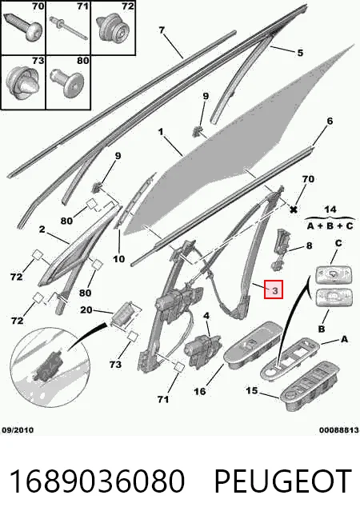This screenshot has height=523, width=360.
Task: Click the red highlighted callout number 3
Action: [274, 289]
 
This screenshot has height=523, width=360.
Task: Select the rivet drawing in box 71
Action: [69, 26]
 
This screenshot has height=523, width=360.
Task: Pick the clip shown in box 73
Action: [22, 82]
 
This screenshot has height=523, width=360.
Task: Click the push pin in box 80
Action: [68, 82]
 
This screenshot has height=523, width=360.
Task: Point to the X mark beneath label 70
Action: [294, 210]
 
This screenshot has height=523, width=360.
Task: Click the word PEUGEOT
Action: [283, 481]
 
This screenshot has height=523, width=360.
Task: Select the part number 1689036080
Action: [97, 481]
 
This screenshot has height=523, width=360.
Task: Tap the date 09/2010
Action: [18, 430]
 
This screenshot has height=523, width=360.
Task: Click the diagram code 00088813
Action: [339, 430]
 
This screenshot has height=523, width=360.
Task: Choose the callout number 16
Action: [200, 391]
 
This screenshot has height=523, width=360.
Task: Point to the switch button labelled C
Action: [334, 273]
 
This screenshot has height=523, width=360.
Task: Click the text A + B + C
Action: [330, 226]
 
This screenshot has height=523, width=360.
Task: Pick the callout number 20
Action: [86, 309]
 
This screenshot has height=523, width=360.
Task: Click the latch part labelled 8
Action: [279, 249]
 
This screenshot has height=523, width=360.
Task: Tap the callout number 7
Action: [162, 30]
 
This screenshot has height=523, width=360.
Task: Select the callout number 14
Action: [330, 210]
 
